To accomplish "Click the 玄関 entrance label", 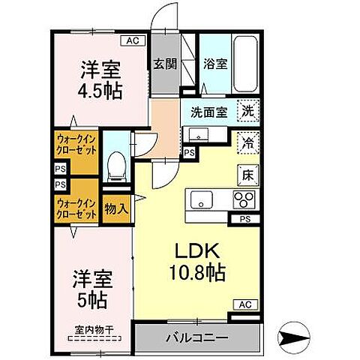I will tap(165, 64).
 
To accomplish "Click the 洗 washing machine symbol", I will tap(247, 111).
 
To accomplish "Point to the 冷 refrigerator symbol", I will tap(247, 140).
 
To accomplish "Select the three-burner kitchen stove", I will tap(244, 200).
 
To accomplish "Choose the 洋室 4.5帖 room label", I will tap(101, 80).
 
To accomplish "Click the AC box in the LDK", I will tap(244, 304).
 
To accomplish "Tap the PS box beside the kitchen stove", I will tap(244, 219).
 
